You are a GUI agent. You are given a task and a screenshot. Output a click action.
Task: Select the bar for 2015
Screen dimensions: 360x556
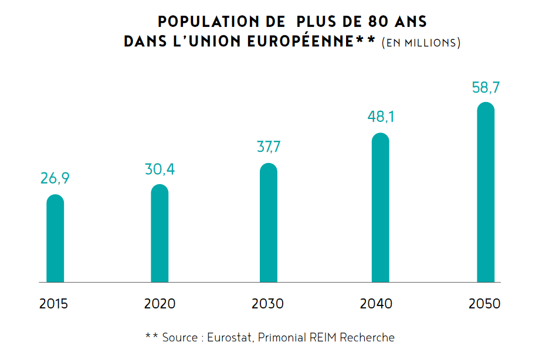point(55,239)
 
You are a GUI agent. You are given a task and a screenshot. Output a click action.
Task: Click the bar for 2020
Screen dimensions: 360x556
point(160,235)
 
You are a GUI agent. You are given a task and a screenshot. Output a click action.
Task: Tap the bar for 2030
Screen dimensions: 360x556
point(268,224)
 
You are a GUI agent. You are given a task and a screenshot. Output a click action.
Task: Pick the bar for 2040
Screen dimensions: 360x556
point(381,209)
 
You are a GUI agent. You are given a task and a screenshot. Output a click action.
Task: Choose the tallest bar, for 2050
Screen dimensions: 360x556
point(486,193)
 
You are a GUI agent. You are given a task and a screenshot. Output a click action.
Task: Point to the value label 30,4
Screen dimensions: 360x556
point(160,169)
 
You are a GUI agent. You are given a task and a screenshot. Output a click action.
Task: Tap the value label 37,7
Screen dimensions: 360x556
point(269,147)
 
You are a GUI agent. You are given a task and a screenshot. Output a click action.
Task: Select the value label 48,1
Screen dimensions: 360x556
point(381,117)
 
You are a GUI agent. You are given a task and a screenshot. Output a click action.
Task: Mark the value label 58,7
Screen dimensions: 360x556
point(486,88)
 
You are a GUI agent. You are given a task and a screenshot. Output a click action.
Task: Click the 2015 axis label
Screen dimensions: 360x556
point(54,304)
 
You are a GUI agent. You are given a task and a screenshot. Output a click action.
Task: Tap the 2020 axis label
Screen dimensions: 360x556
point(160,304)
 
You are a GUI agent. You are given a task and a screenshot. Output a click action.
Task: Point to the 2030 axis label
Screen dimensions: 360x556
point(267,304)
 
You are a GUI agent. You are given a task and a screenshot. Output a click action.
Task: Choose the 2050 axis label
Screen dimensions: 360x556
point(484,304)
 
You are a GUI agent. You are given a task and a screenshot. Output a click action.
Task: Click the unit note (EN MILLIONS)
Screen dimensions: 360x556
point(421,43)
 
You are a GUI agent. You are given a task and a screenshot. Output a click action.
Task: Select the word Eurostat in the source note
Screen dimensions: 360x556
point(230,338)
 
